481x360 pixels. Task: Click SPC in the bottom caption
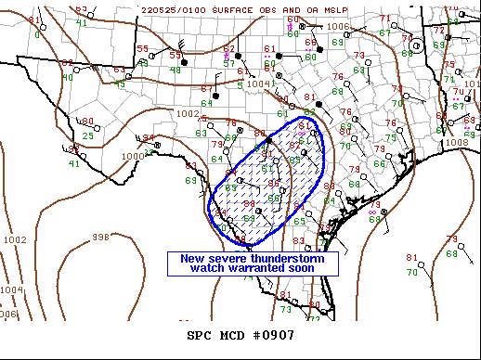point(200,335)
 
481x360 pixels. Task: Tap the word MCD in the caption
point(230,335)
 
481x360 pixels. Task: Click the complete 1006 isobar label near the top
point(338,27)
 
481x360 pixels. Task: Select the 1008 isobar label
point(457,143)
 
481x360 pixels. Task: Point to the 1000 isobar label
point(133,156)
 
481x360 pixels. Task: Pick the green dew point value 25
point(86,136)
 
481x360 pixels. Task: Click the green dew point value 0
point(37,34)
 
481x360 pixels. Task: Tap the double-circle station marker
point(417,45)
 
